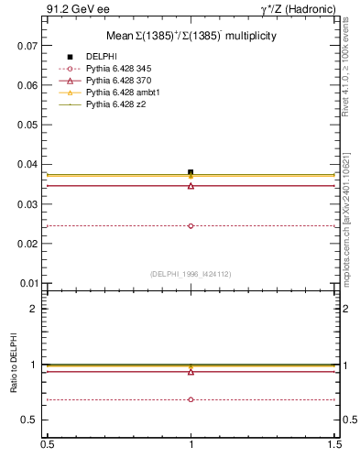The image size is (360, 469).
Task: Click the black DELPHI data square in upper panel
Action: point(191,172)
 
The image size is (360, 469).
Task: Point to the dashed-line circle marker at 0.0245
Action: point(191,225)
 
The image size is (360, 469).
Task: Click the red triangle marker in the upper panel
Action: point(191,186)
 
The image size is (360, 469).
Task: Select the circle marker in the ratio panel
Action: point(191,399)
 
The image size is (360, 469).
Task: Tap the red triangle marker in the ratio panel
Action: point(191,372)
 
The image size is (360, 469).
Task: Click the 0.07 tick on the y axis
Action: point(28,45)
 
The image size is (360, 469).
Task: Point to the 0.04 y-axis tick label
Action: point(28,164)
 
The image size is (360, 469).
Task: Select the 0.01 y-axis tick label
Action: point(28,283)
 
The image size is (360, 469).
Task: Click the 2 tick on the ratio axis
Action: point(34,309)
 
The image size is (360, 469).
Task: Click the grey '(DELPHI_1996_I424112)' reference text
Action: point(191,273)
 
